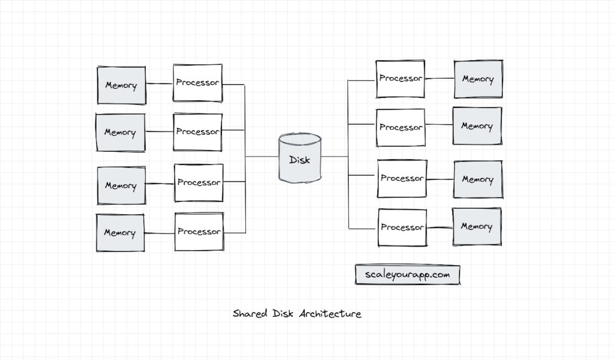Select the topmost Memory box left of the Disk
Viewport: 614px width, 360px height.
tap(121, 85)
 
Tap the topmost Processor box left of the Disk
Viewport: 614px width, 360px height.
tap(197, 83)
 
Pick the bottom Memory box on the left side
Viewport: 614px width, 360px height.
tap(120, 233)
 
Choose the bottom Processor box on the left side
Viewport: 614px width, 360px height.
tap(198, 232)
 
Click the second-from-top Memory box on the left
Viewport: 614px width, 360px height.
tap(120, 133)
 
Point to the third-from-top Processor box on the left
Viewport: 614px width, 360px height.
tap(198, 182)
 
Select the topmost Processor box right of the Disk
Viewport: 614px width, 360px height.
tap(401, 79)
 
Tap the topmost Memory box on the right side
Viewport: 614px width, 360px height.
tap(478, 79)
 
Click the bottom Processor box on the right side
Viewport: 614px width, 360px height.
tap(402, 227)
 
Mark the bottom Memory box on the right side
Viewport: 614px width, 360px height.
tap(477, 227)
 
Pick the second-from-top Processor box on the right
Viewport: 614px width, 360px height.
tap(401, 127)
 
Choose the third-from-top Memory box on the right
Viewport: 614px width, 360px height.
tap(477, 179)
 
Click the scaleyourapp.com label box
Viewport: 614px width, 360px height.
tap(407, 274)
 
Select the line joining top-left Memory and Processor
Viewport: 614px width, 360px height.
tap(159, 84)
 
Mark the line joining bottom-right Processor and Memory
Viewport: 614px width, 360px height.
tap(440, 227)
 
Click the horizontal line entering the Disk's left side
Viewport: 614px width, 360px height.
tap(262, 157)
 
